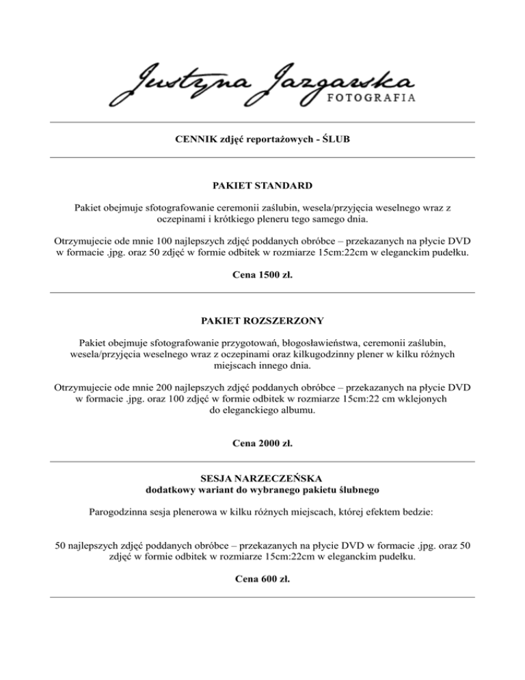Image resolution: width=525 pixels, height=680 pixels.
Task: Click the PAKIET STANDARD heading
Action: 262,185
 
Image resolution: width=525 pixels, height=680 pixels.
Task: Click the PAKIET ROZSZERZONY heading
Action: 262,320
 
